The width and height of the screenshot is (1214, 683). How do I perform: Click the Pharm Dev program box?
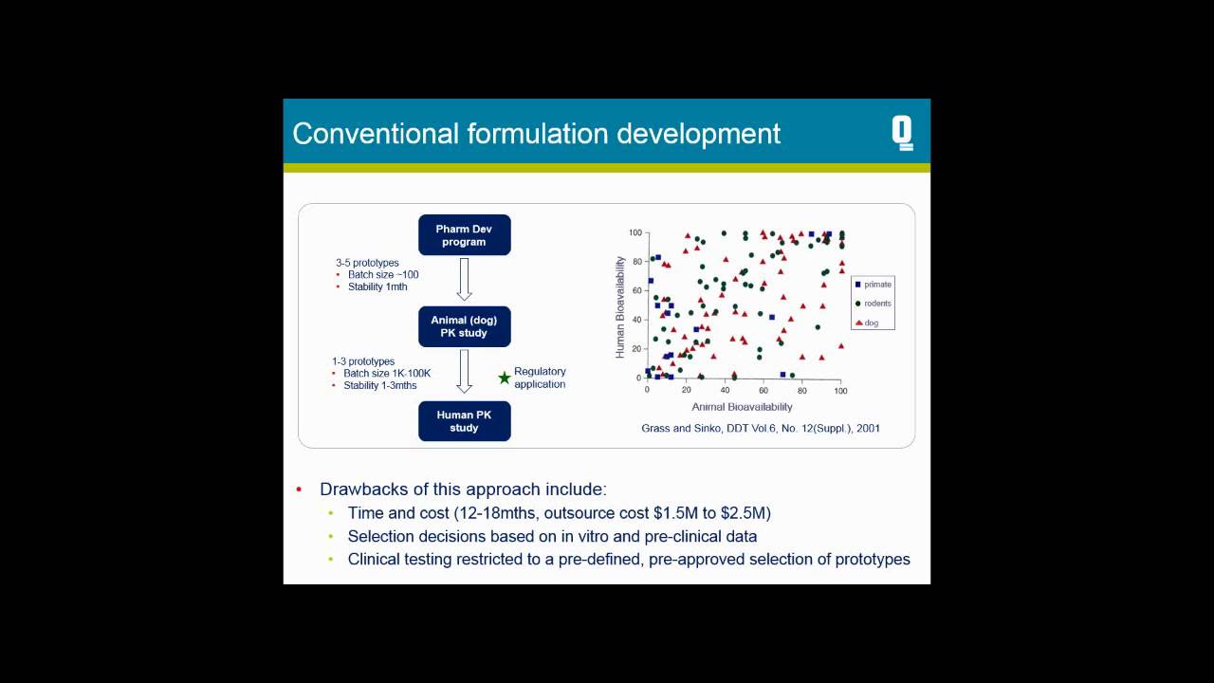tap(464, 235)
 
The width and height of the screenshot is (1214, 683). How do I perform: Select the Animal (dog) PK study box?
tap(464, 326)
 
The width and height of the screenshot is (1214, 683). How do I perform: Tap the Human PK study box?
tap(464, 421)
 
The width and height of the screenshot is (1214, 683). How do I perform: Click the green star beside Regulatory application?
tap(505, 378)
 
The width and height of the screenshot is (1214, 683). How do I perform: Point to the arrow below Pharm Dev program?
tap(464, 280)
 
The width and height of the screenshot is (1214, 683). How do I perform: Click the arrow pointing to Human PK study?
tap(464, 371)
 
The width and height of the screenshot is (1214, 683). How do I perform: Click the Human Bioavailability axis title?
tap(620, 306)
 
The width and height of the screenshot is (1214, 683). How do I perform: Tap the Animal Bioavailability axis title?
tap(742, 407)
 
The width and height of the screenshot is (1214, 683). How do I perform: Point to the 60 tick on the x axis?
tap(763, 390)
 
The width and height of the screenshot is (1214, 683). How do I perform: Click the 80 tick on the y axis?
tap(636, 261)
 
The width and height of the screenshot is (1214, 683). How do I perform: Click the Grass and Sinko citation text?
tap(761, 429)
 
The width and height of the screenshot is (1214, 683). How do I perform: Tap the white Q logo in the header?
tap(902, 134)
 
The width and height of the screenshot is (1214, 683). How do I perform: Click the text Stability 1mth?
tap(377, 286)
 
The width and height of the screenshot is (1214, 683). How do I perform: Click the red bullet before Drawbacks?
tap(299, 490)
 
